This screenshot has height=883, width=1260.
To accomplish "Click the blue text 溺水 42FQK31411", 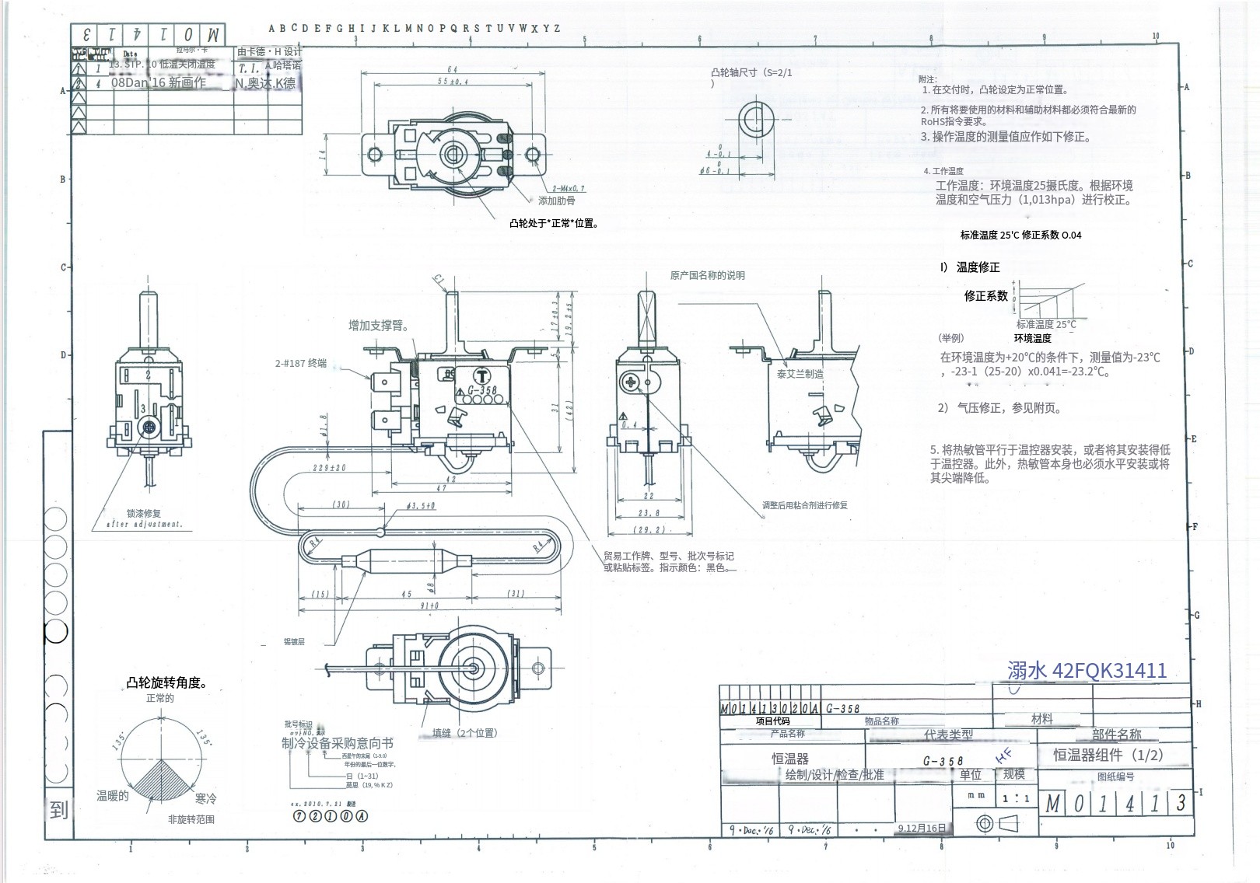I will pyautogui.click(x=1087, y=670).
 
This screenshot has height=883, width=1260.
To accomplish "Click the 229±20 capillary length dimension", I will pyautogui.click(x=328, y=468).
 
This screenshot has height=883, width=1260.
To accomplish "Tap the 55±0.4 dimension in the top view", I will pyautogui.click(x=452, y=82).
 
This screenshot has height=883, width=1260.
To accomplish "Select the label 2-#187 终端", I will pyautogui.click(x=301, y=363).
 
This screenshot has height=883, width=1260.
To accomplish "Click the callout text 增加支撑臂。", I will pyautogui.click(x=379, y=326).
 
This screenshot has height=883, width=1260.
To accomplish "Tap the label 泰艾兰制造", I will pyautogui.click(x=800, y=374).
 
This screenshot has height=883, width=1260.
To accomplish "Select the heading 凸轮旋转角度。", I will pyautogui.click(x=167, y=683).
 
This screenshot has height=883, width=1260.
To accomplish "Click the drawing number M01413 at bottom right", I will pyautogui.click(x=1117, y=804).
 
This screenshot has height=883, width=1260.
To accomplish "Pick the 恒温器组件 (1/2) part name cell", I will pyautogui.click(x=1108, y=755).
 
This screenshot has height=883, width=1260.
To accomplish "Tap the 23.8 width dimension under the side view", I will pyautogui.click(x=649, y=513).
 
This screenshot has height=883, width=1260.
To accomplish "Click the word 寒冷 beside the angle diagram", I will pyautogui.click(x=206, y=798).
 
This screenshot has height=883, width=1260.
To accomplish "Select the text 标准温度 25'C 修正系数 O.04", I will pyautogui.click(x=1020, y=235).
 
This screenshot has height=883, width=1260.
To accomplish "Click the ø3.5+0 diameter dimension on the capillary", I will pyautogui.click(x=421, y=506).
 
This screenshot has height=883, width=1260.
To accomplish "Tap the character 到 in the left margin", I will pyautogui.click(x=58, y=810).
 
